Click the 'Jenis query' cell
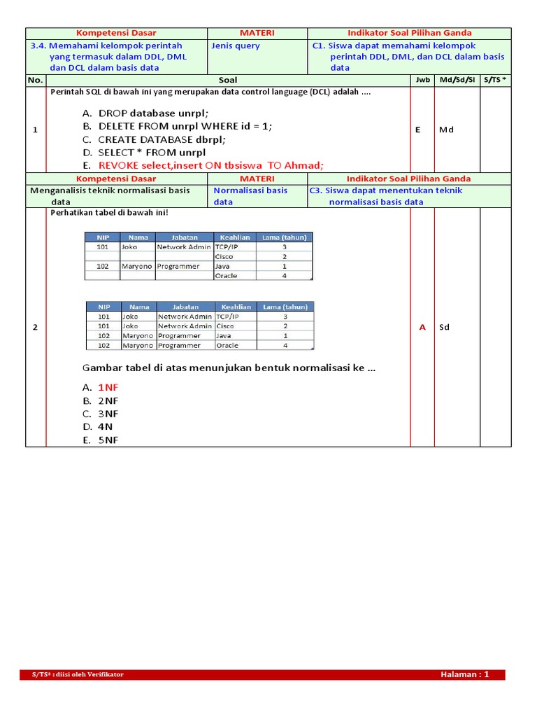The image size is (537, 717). coord(236,46)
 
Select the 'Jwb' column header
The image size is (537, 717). coord(422,80)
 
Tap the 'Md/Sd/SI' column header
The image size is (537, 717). coord(457,80)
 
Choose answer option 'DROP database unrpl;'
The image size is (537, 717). coord(153,113)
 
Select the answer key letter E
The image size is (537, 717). coord(418,130)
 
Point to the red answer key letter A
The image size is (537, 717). coord(422,327)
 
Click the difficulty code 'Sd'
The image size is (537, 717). coord(444,327)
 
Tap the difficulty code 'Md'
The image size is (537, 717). coord(446,130)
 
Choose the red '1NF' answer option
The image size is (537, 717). coord(108,387)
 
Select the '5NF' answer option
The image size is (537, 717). coord(108,440)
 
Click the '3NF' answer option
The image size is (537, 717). coord(108,414)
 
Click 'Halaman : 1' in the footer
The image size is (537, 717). coord(464,674)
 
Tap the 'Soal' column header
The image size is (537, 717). coord(228,80)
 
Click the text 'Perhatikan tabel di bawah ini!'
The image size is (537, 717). coord(109,213)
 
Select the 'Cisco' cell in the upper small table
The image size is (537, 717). coord(224,256)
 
